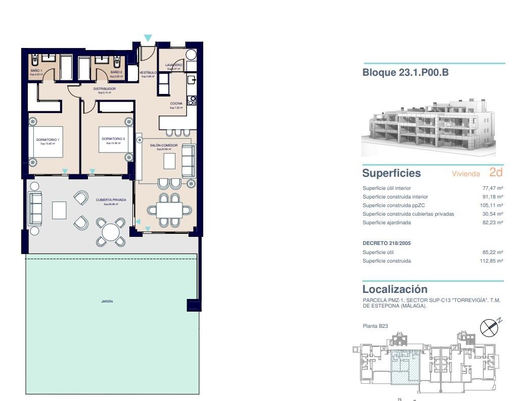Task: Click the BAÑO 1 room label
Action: [36, 71]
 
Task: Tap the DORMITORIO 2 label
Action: [113, 138]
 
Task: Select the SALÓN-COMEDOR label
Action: [164, 145]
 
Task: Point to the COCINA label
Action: [176, 104]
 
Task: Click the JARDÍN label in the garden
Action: [107, 301]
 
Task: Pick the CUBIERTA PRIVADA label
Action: [111, 200]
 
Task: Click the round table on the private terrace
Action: [111, 232]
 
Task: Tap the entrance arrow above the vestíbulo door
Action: [148, 38]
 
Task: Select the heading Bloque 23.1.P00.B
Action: [405, 73]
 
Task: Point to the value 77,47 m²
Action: [492, 188]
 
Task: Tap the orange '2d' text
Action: [496, 172]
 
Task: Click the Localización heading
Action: [395, 289]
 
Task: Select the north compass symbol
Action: [489, 327]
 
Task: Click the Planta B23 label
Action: [375, 326]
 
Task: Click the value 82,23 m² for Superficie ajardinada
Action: [492, 223]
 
